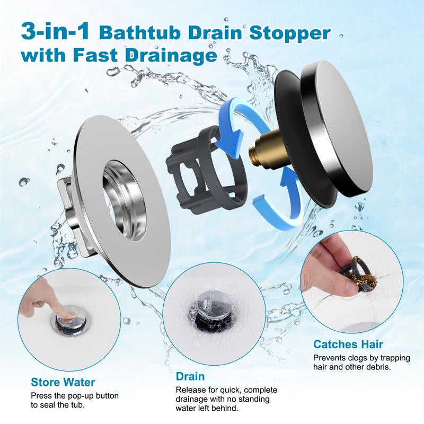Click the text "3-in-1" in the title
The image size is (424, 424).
point(55,31)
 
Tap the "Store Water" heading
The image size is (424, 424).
point(63,382)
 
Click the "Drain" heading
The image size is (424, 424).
point(190,377)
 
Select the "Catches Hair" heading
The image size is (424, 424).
point(348,344)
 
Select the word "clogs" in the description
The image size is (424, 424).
point(356,358)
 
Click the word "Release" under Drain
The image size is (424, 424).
point(191,390)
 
